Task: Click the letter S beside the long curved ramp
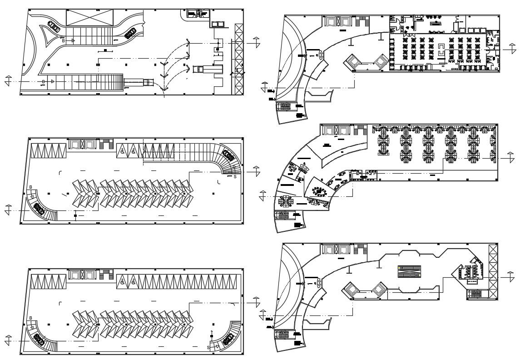tap(234, 176)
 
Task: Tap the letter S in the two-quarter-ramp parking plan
tap(208, 348)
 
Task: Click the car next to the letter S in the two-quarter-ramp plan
tap(228, 339)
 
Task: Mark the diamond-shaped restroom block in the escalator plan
tap(468, 273)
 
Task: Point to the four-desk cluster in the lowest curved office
tap(286, 200)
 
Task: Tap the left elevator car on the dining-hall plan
tap(331, 21)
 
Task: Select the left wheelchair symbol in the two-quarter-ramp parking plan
tap(123, 282)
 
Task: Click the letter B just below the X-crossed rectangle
tap(64, 41)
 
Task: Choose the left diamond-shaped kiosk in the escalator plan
tap(350, 288)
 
